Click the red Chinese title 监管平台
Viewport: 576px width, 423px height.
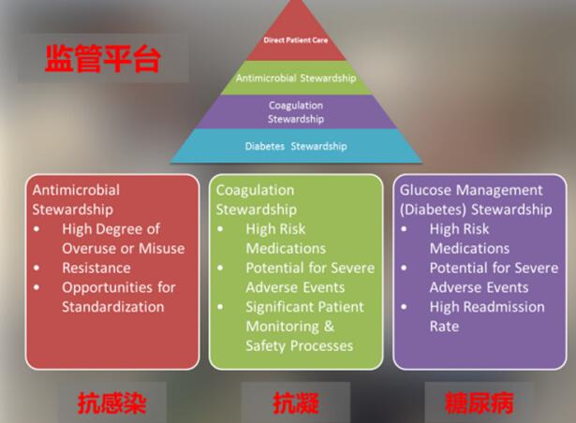coord(103,59)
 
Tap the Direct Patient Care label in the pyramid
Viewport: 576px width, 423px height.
coord(296,40)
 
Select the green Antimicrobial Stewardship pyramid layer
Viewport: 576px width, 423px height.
coord(296,78)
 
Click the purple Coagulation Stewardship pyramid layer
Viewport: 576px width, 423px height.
coord(296,112)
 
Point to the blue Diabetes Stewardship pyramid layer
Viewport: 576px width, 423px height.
coord(296,146)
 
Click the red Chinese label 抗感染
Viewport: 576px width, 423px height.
coord(112,402)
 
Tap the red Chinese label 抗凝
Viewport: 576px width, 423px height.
coord(296,402)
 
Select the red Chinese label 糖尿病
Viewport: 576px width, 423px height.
coord(479,402)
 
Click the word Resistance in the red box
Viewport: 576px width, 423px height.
coord(96,268)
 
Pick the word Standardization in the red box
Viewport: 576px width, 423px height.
coord(112,307)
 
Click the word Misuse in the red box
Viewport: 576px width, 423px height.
coord(162,248)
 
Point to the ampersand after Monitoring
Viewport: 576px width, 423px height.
coord(329,326)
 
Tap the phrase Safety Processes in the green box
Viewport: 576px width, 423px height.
coord(300,346)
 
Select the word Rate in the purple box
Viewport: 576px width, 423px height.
coord(444,326)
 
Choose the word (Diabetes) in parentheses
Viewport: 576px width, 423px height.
coord(434,210)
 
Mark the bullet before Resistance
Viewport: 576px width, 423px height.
coord(37,268)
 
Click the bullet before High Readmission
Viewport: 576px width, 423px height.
coord(404,307)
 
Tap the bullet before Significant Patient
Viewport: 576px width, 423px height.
coord(220,307)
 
